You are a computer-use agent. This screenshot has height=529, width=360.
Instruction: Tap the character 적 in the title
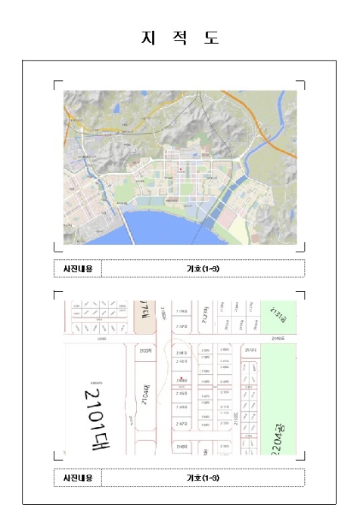pos(179,38)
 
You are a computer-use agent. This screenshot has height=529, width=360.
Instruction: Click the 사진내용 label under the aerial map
pos(77,268)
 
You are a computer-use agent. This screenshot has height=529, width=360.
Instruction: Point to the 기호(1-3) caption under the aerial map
pos(203,268)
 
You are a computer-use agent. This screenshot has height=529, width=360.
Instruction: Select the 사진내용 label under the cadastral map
pos(77,478)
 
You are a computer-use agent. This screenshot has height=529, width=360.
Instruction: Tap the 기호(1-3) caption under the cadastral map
pos(203,478)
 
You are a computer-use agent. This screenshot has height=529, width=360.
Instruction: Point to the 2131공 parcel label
pos(278,318)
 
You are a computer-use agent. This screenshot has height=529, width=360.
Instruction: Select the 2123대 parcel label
pos(147,351)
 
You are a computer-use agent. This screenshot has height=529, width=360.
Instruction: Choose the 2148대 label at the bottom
pos(182,447)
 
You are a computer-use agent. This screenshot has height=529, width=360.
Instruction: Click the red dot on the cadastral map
pos(182,379)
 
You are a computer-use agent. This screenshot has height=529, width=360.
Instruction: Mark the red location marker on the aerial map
pos(178,169)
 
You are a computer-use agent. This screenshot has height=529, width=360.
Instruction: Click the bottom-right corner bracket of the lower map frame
pos(302,456)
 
